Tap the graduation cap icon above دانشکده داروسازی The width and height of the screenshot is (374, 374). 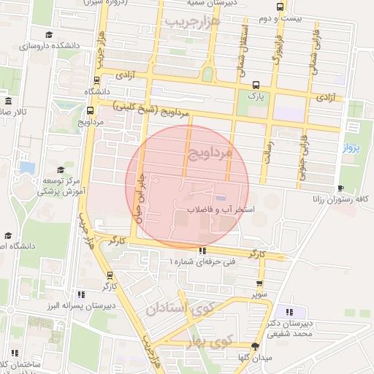pyautogui.click(x=49, y=34)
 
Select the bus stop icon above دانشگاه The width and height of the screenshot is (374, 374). pyautogui.click(x=98, y=81)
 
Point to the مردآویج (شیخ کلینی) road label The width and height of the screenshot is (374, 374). pyautogui.click(x=156, y=111)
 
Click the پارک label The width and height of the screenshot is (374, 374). pyautogui.click(x=254, y=95)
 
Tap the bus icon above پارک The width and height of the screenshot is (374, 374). pyautogui.click(x=255, y=84)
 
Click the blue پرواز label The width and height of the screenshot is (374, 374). pyautogui.click(x=351, y=148)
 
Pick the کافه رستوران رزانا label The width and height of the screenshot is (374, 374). pyautogui.click(x=341, y=199)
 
